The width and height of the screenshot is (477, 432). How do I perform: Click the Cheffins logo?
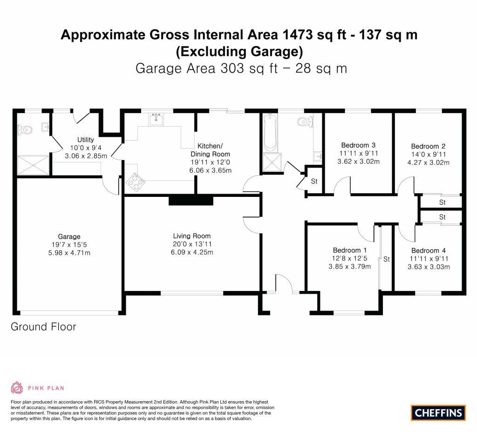[438, 412]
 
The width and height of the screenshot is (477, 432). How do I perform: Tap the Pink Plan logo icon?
[17, 387]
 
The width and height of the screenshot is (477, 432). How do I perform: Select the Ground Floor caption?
[43, 327]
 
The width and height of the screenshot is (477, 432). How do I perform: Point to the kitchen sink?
[156, 119]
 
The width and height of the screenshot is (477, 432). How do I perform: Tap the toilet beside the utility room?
[25, 129]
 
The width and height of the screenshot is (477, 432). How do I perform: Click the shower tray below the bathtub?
[270, 162]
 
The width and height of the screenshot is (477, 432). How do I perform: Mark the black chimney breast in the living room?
[191, 200]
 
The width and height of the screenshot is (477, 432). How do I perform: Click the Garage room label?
[69, 236]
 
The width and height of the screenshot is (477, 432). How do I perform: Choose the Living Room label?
[192, 236]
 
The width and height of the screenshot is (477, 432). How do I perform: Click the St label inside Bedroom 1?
[386, 260]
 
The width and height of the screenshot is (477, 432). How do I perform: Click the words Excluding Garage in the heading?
[239, 50]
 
